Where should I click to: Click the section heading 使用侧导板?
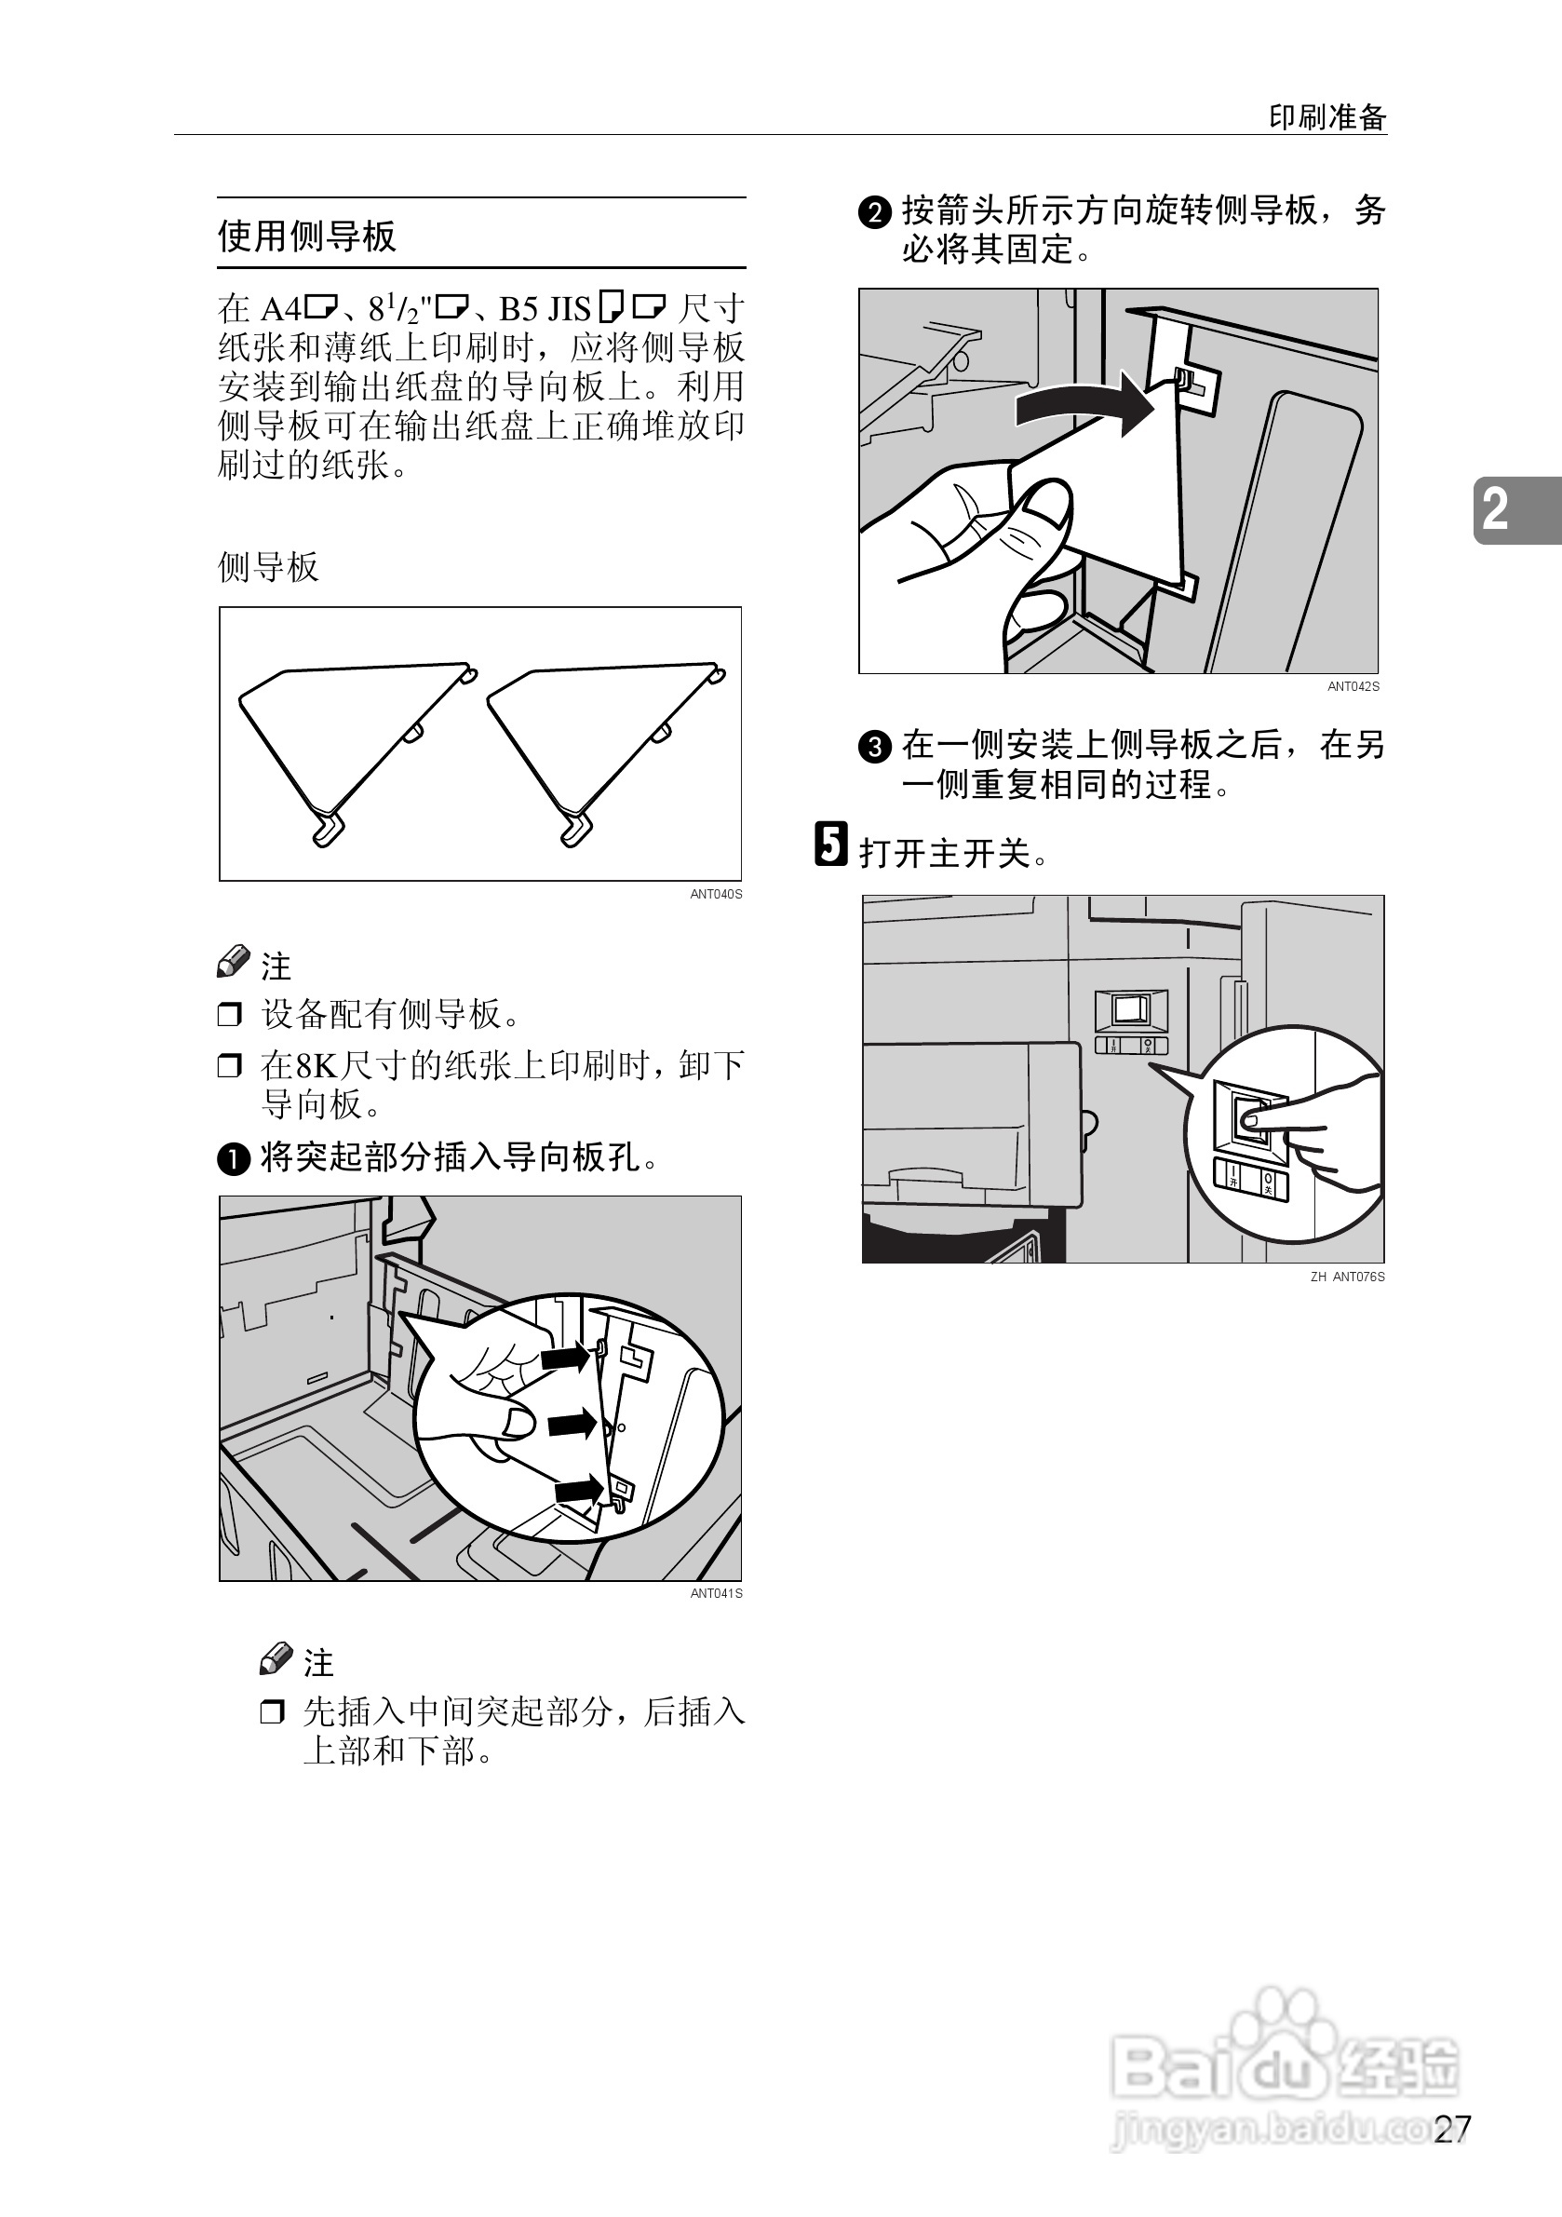coord(307,236)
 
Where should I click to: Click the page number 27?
coord(1453,2129)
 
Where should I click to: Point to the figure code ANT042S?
coord(1353,686)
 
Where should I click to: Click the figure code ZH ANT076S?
coord(1347,1277)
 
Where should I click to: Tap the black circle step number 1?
coord(234,1158)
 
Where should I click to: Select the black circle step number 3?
coord(875,747)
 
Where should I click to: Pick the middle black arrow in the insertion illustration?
coord(572,1423)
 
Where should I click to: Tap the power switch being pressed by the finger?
coord(1252,1118)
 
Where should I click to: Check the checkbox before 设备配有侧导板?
coord(230,1015)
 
